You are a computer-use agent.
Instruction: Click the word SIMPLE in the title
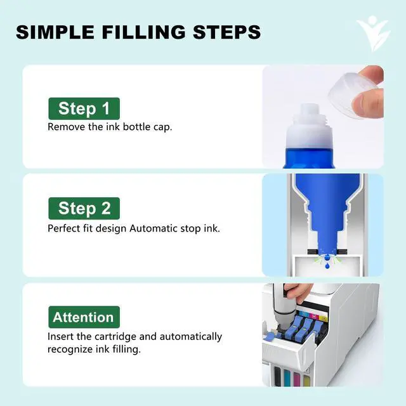click(x=55, y=32)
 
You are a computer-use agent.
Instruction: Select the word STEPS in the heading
click(x=227, y=32)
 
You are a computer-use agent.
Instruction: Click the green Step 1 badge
click(x=84, y=108)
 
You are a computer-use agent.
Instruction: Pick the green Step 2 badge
click(x=84, y=208)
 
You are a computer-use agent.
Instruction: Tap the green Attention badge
click(x=84, y=317)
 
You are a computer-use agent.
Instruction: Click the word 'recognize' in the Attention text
click(x=70, y=350)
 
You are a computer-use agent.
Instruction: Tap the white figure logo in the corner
click(x=374, y=33)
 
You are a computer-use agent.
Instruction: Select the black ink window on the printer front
click(x=277, y=376)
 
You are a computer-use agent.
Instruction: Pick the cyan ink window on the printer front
click(x=287, y=377)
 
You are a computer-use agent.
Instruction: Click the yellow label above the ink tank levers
click(x=324, y=318)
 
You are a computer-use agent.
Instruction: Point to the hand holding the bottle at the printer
click(x=298, y=292)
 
